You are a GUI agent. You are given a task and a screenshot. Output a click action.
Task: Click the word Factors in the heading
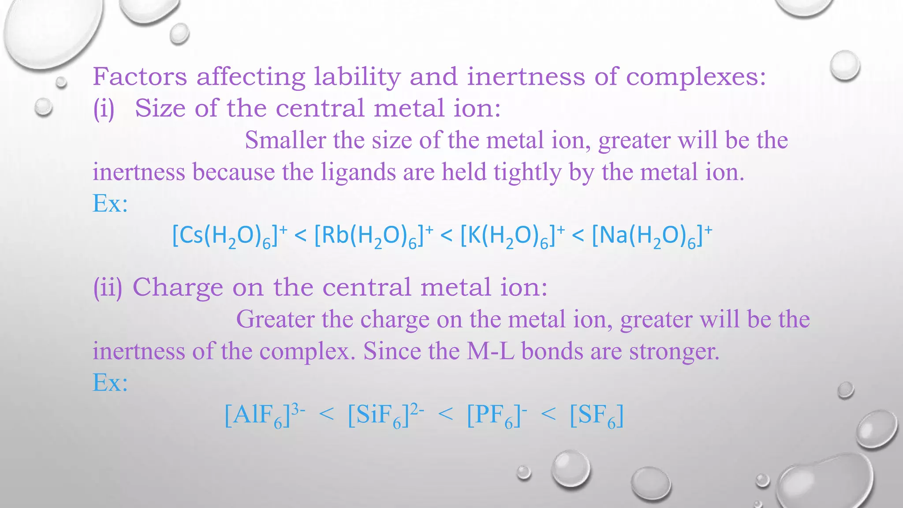pyautogui.click(x=140, y=77)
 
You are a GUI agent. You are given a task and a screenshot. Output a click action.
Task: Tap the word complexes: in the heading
pyautogui.click(x=696, y=78)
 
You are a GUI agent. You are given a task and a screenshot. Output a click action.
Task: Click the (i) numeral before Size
pyautogui.click(x=104, y=108)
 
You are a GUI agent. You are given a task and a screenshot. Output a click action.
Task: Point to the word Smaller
pyautogui.click(x=285, y=140)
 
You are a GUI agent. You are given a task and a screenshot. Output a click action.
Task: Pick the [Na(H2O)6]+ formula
pyautogui.click(x=652, y=236)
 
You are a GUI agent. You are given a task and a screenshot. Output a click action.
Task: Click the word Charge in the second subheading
pyautogui.click(x=178, y=288)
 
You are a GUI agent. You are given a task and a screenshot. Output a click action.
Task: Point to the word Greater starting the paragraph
pyautogui.click(x=275, y=319)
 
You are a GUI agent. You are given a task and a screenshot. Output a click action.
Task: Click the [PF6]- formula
pyautogui.click(x=497, y=415)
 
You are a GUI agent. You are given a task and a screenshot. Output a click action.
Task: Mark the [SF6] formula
pyautogui.click(x=597, y=415)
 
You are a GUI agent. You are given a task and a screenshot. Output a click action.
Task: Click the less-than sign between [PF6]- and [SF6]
pyautogui.click(x=548, y=415)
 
